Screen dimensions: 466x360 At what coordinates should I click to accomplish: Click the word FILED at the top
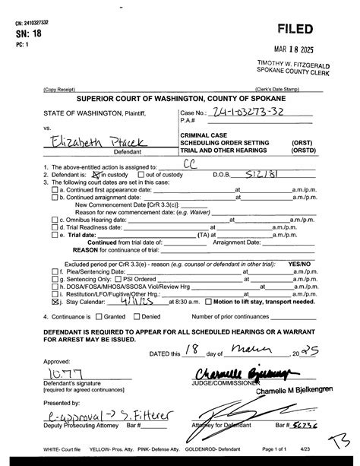(296, 29)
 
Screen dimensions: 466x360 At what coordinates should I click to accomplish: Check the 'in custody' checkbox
(95, 173)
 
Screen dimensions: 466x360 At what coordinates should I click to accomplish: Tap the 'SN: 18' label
(28, 33)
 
